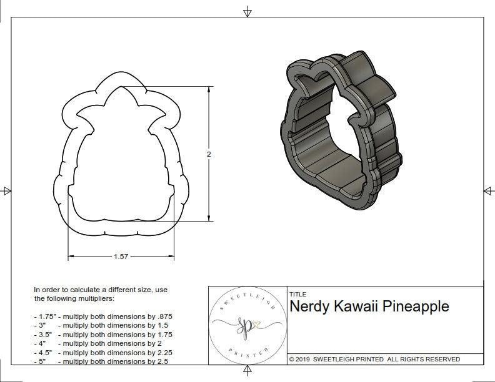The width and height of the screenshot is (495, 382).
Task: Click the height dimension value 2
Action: point(209,154)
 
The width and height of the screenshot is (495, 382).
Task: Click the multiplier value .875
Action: point(161,316)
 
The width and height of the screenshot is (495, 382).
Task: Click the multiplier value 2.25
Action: point(159,352)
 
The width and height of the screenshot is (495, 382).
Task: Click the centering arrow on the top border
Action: point(248,11)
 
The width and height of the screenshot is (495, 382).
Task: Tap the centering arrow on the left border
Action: point(6,190)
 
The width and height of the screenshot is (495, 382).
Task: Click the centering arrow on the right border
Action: point(488,190)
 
